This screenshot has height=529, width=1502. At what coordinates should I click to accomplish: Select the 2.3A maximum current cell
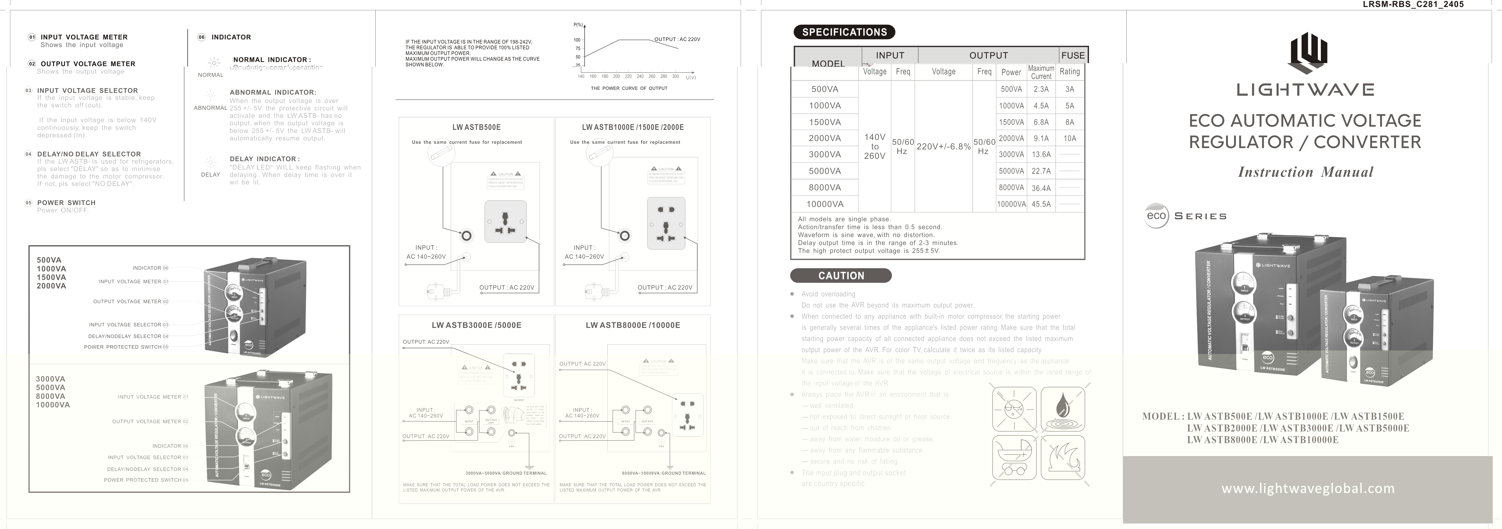(x=1041, y=89)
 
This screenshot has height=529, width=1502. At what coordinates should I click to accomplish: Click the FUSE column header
(x=1073, y=55)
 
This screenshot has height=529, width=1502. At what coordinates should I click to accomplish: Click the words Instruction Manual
(x=1306, y=172)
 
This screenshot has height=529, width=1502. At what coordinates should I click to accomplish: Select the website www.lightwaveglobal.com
(x=1308, y=488)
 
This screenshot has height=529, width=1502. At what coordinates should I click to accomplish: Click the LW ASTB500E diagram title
(x=476, y=127)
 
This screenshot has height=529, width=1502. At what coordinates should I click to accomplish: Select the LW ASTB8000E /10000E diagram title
(x=633, y=325)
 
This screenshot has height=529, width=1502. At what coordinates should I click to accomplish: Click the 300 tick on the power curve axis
(x=675, y=76)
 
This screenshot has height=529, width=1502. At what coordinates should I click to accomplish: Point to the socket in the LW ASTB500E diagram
(x=505, y=221)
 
